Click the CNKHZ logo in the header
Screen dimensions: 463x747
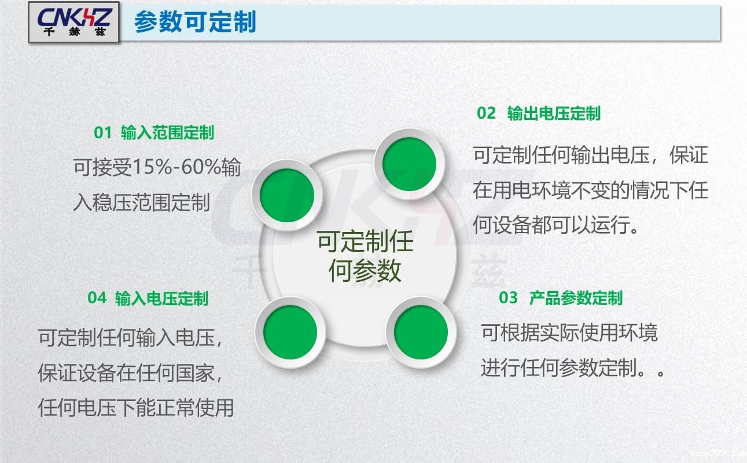click(x=73, y=23)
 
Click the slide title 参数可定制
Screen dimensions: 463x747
click(x=195, y=23)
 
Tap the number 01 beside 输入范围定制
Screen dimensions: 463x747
click(x=102, y=133)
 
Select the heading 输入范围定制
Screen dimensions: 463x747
click(x=167, y=133)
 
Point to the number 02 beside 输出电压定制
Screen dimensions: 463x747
click(x=487, y=113)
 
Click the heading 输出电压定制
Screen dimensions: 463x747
click(x=554, y=113)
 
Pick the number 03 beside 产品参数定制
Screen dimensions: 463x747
click(x=509, y=298)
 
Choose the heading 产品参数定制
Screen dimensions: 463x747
click(x=576, y=298)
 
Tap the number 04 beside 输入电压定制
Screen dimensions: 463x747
click(x=97, y=298)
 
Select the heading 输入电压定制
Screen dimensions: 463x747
click(x=161, y=298)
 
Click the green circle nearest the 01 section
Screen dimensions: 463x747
click(x=287, y=196)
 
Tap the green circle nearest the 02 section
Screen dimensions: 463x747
click(x=410, y=164)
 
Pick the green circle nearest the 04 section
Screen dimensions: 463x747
click(x=290, y=332)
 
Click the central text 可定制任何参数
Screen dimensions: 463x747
click(x=365, y=256)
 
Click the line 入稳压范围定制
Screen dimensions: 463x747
click(x=141, y=203)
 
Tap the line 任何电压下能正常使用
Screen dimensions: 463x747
click(x=136, y=407)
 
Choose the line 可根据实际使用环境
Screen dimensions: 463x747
click(x=569, y=332)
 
